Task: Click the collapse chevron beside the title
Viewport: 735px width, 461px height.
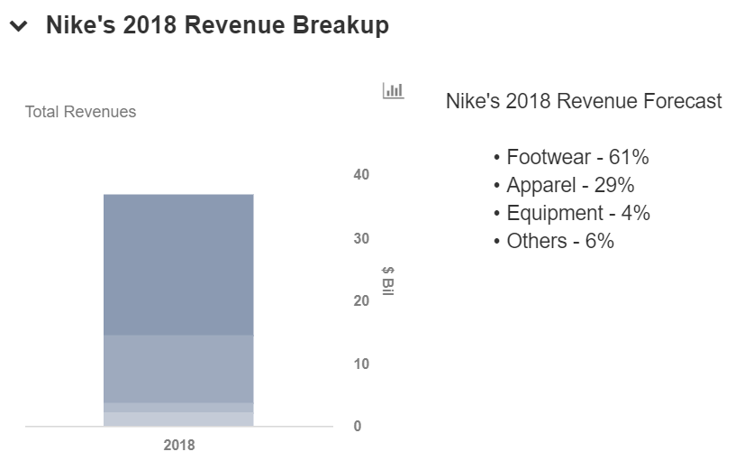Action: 17,27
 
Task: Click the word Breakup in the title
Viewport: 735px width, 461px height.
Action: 340,26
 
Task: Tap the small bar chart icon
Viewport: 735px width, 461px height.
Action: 393,90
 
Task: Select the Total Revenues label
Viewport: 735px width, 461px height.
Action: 81,113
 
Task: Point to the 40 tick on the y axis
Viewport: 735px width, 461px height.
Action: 361,174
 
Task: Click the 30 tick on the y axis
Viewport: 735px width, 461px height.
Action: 361,238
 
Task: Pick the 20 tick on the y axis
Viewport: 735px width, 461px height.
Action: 361,300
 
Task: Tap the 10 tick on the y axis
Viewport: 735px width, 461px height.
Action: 361,364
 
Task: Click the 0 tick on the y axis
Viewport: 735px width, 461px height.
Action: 358,426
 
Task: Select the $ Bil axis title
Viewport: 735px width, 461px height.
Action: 388,281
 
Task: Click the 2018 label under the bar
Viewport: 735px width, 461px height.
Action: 178,445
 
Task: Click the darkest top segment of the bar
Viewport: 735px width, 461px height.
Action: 178,264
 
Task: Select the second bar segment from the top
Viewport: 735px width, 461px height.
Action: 178,368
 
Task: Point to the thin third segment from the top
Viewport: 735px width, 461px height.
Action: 178,407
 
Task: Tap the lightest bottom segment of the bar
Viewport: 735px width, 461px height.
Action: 178,419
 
